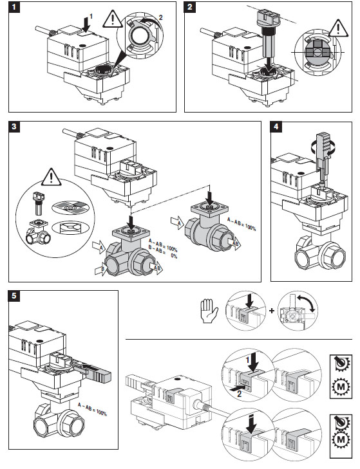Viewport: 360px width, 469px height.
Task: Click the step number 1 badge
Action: click(14, 7)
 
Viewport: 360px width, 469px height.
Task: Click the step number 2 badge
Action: click(190, 7)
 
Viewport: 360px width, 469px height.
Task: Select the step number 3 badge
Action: click(14, 127)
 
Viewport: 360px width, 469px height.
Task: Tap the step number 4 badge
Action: click(276, 127)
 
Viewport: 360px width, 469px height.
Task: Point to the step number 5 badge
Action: click(14, 296)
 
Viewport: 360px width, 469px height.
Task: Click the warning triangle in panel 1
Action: click(112, 19)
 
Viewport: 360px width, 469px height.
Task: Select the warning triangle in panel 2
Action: click(339, 28)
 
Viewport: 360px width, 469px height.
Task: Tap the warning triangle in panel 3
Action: click(52, 177)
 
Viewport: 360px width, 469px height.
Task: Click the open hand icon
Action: click(209, 311)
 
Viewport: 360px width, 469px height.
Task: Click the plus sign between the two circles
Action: click(272, 311)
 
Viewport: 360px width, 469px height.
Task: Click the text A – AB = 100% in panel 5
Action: click(92, 409)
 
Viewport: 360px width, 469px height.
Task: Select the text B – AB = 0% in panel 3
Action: click(163, 253)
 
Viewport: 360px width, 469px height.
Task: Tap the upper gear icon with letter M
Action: click(341, 387)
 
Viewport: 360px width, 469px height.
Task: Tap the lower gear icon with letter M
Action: click(341, 439)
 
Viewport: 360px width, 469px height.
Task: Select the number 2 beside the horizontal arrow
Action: click(239, 394)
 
